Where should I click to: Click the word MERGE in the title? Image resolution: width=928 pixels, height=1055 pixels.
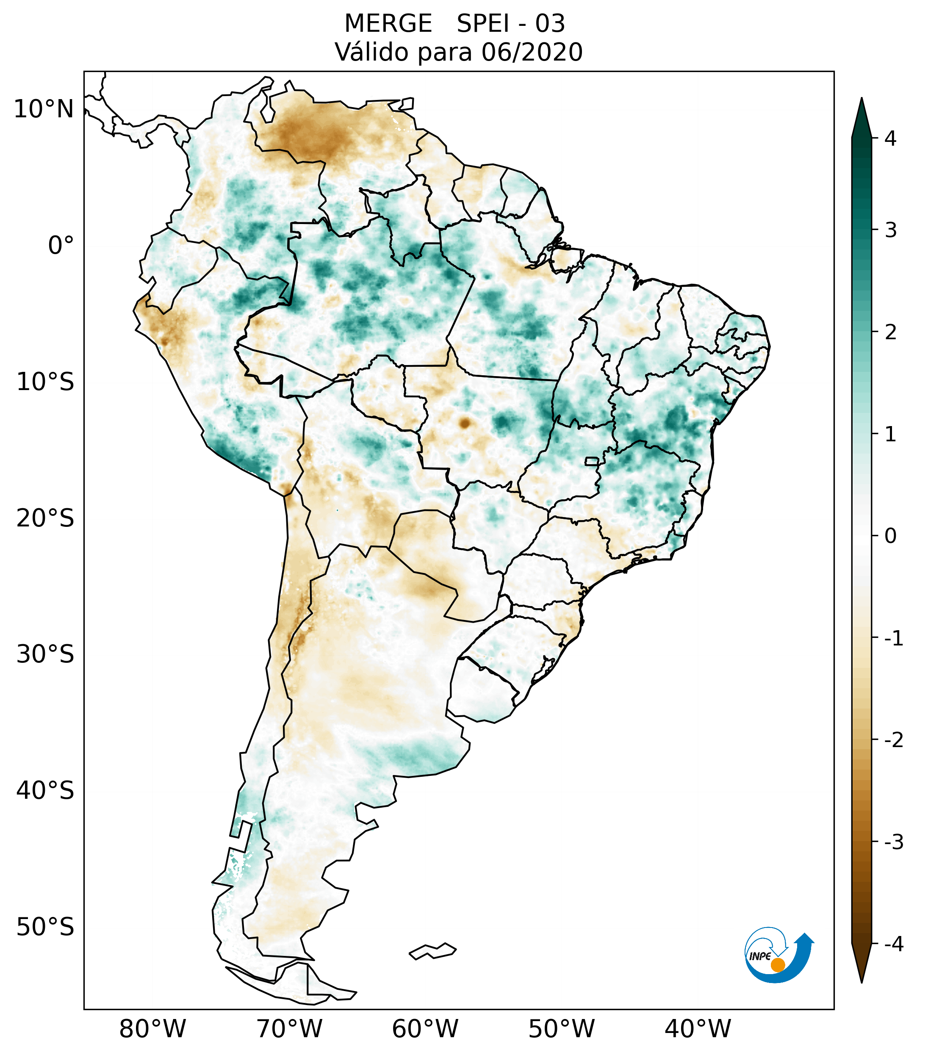388,24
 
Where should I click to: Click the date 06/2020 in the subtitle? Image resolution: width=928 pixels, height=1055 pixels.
532,52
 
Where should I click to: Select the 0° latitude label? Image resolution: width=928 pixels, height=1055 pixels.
61,245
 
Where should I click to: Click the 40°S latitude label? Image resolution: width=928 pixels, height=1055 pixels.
45,790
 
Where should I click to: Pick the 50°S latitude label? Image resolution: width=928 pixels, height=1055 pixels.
45,927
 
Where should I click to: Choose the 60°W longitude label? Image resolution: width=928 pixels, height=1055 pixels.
425,1029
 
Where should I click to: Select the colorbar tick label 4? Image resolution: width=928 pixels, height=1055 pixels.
890,138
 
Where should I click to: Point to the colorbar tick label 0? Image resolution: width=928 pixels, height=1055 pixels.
890,536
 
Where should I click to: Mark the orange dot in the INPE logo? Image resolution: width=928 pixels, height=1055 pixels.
778,965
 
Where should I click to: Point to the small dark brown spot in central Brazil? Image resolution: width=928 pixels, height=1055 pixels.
465,423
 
